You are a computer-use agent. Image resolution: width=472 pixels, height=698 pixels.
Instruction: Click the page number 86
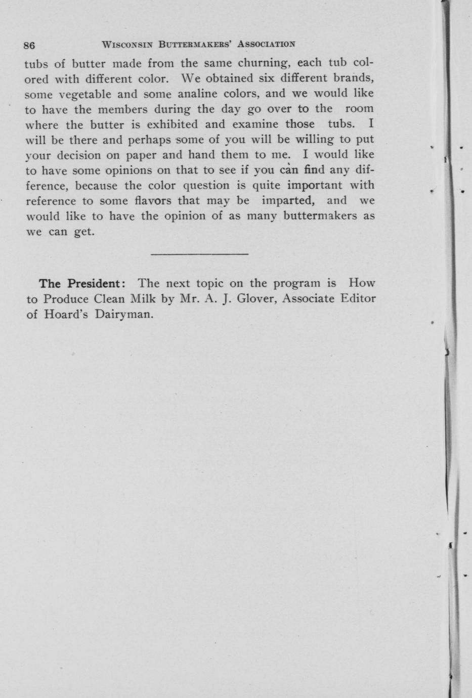(x=29, y=45)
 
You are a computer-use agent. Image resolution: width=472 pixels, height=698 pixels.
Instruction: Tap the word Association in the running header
(x=266, y=44)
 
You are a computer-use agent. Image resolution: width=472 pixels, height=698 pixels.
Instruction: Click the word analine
(x=195, y=94)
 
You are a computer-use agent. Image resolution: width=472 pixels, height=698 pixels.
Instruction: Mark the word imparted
(x=288, y=201)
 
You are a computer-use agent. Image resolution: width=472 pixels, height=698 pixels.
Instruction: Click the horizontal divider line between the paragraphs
(x=199, y=253)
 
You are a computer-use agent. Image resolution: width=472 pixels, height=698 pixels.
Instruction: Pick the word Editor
(x=358, y=298)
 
